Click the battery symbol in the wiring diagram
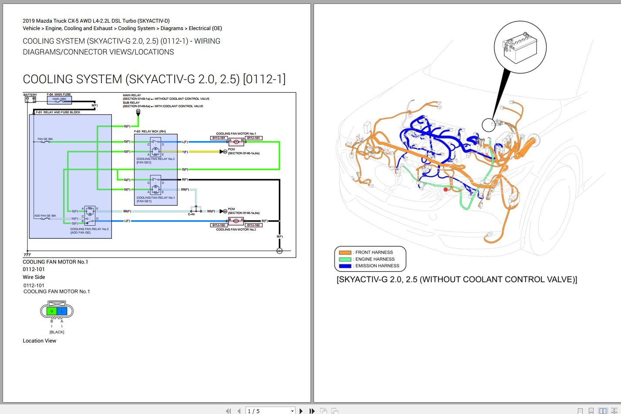tap(30, 99)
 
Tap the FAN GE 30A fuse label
tap(45, 139)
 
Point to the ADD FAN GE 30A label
tap(45, 216)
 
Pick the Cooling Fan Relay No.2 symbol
tap(155, 147)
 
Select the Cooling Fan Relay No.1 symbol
tap(155, 185)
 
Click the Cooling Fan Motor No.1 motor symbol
tap(236, 142)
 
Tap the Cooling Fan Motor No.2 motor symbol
tap(236, 221)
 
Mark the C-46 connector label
tap(191, 214)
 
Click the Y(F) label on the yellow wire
tap(185, 152)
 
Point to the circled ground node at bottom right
tap(280, 251)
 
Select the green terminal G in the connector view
tap(52, 311)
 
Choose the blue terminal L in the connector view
tap(62, 311)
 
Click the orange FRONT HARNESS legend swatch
tap(345, 252)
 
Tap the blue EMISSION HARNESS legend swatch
tap(345, 266)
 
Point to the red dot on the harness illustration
tap(445, 190)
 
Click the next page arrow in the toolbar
tap(301, 411)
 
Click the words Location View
tap(39, 341)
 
